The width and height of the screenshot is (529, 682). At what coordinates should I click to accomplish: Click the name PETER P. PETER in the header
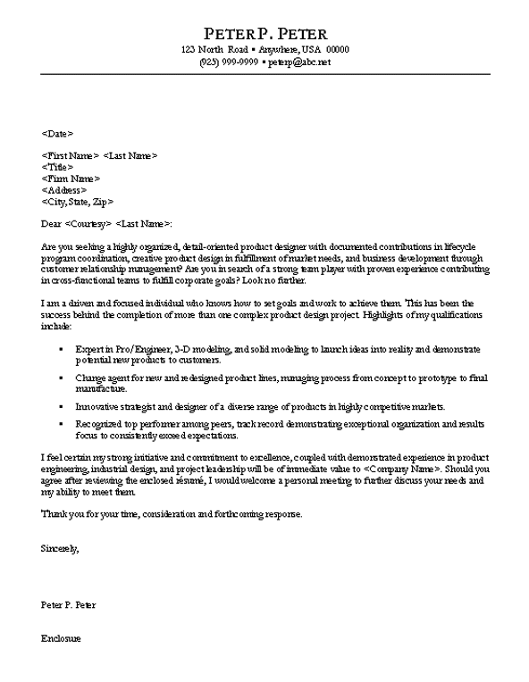click(264, 32)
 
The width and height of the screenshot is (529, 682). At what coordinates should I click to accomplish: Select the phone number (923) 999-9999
click(229, 62)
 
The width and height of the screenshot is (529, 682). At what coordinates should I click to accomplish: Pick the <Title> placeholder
click(57, 167)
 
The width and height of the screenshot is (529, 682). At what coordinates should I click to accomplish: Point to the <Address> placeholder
click(63, 190)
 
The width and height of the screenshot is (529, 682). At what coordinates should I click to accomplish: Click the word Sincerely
click(60, 548)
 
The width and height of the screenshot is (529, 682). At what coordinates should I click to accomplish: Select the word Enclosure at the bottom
click(61, 638)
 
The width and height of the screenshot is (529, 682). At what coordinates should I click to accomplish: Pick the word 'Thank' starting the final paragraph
click(54, 514)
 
